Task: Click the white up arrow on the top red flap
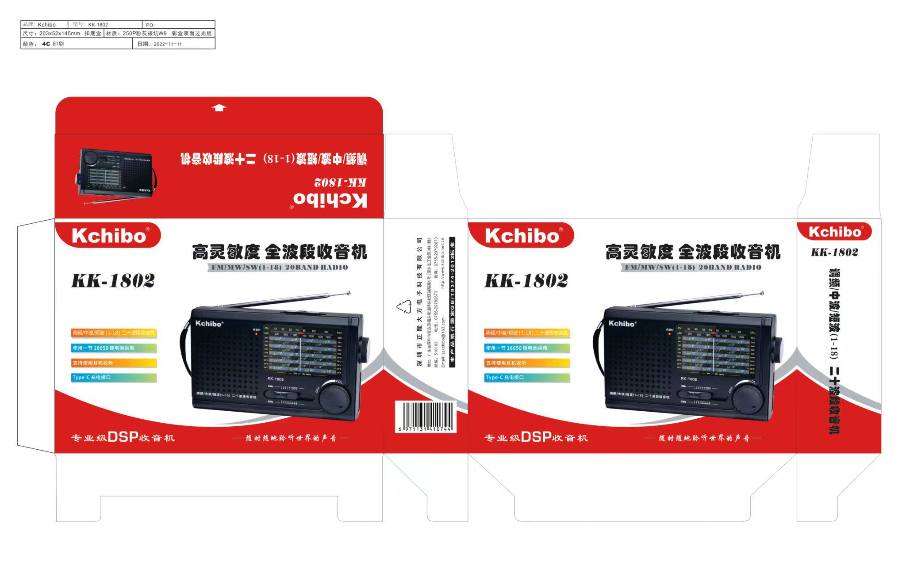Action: pos(219,107)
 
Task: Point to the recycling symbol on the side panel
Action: pos(404,307)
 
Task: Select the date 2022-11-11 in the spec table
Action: pos(168,44)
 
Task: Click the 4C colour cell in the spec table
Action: pos(46,44)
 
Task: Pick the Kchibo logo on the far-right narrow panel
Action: pos(834,232)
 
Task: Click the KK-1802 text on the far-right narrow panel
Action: pos(834,252)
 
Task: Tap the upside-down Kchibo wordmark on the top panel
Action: pos(330,200)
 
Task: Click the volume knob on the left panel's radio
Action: pos(335,396)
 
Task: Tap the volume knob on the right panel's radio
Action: pos(748,396)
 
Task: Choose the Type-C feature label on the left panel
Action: pos(114,378)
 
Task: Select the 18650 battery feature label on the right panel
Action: pos(526,348)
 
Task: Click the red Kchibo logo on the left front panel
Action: pos(108,236)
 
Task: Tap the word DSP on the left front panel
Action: pos(123,437)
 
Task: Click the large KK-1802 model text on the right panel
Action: pos(526,281)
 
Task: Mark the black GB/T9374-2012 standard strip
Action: pos(452,302)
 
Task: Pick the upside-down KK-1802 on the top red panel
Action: pos(340,182)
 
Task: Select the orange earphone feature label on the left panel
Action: pos(114,363)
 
